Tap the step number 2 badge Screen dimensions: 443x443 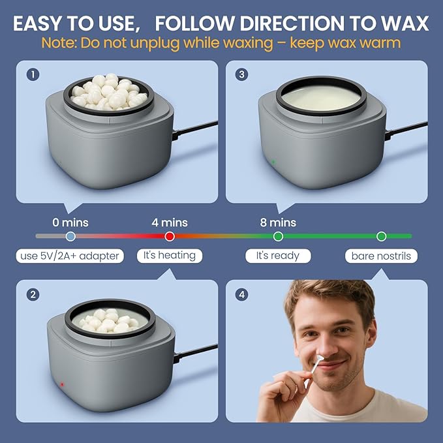[x=32, y=295]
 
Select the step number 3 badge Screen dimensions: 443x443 [x=242, y=74]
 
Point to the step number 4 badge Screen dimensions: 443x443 [x=242, y=295]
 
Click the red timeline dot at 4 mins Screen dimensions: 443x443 [x=170, y=236]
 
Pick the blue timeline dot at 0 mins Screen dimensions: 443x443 [x=70, y=236]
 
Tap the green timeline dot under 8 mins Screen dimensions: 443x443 [x=278, y=236]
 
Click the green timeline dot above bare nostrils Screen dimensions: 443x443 [x=382, y=236]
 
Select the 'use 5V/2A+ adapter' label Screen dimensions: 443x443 [x=70, y=256]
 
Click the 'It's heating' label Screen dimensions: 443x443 [x=170, y=256]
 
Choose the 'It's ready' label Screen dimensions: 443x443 [x=277, y=256]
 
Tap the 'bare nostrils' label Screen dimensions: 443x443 [x=381, y=256]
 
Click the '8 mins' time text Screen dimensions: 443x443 [x=278, y=222]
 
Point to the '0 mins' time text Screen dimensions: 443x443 [x=70, y=222]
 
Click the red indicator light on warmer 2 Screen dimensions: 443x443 [x=62, y=384]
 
